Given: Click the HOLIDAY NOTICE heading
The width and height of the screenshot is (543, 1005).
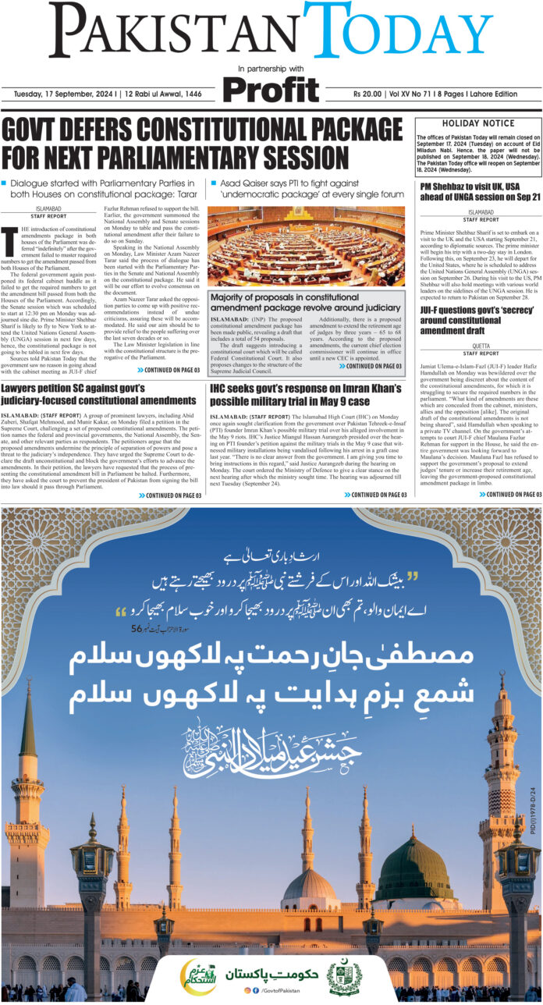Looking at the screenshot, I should click(x=478, y=123).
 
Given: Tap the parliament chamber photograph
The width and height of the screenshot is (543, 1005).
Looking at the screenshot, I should click(x=306, y=245).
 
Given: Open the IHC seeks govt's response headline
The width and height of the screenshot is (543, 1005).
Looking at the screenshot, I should click(x=305, y=394).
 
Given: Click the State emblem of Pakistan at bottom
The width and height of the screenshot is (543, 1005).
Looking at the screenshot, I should click(x=344, y=976).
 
